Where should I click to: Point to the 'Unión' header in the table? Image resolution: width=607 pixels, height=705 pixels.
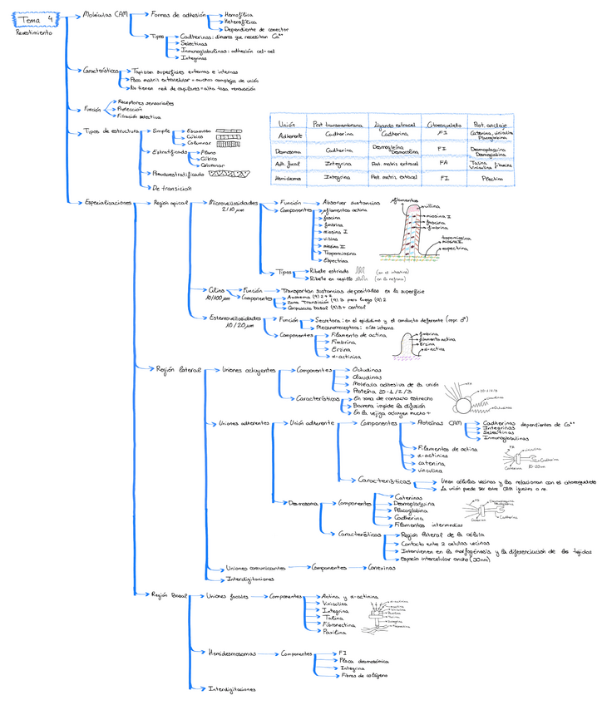point(289,122)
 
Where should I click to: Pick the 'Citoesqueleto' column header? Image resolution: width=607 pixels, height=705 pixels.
point(442,122)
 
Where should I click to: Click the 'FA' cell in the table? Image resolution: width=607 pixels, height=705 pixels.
point(442,164)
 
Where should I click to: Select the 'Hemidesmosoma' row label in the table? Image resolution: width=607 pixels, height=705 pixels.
point(289,178)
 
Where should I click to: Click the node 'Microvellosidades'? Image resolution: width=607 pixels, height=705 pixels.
point(232,203)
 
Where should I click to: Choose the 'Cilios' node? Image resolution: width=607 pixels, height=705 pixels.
point(217,290)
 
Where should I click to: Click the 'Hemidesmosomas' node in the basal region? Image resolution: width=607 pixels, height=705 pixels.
point(234,653)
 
